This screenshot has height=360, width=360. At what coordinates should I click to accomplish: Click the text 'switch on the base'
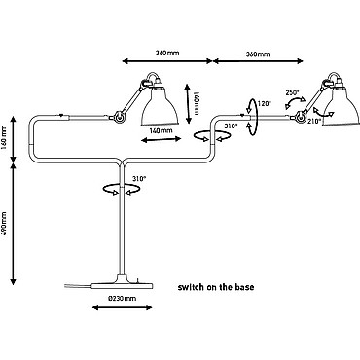(x=216, y=287)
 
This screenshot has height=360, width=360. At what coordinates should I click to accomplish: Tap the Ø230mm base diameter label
(x=123, y=298)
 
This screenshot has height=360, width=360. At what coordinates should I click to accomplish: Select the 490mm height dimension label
(x=4, y=225)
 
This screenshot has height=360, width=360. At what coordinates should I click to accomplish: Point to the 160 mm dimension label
(x=4, y=138)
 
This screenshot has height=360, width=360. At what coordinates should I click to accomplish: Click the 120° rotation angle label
(x=264, y=104)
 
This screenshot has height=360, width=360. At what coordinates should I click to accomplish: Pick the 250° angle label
(x=292, y=92)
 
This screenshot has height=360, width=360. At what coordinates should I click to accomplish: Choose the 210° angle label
(x=314, y=122)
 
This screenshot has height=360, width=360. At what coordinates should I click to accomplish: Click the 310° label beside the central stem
(x=139, y=178)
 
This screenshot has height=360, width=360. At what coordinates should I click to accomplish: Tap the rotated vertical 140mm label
(x=196, y=103)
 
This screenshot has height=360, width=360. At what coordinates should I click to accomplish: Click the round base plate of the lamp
(x=122, y=283)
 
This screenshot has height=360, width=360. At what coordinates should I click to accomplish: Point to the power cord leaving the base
(x=78, y=286)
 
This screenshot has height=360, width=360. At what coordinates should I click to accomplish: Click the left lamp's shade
(x=160, y=105)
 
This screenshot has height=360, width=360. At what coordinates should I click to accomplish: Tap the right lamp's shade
(x=342, y=105)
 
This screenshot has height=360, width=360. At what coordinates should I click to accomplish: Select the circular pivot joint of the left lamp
(x=119, y=117)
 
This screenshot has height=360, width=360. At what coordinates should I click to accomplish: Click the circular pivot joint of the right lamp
(x=301, y=116)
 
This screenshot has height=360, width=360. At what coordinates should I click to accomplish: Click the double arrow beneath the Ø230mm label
(x=122, y=307)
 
